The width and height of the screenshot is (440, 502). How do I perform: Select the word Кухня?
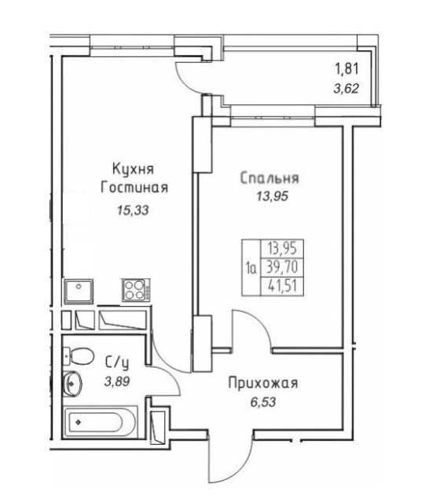point(132,169)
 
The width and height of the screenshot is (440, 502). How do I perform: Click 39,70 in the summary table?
point(286,267)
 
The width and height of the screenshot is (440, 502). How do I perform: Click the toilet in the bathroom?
point(79,354)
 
